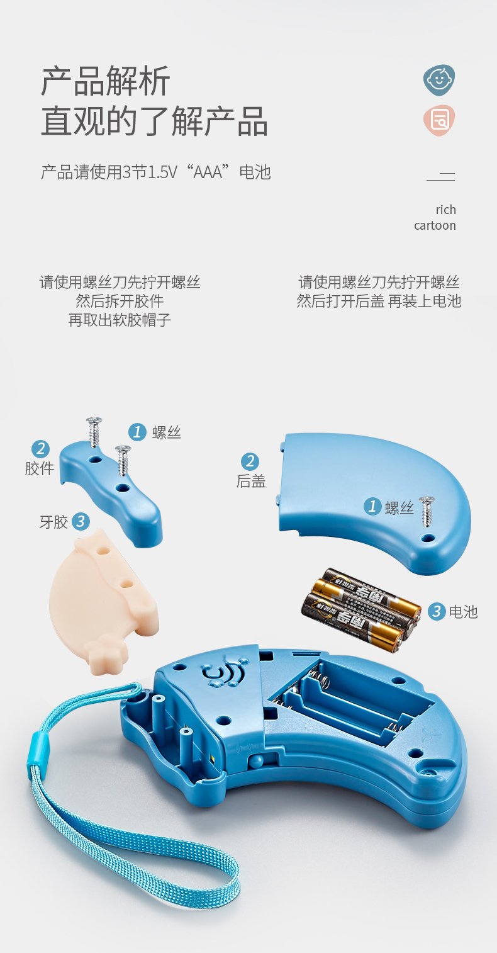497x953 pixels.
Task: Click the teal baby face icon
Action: point(438,80)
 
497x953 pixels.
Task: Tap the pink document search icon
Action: point(438,120)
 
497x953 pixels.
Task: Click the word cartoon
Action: point(435,225)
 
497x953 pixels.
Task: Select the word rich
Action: point(445,210)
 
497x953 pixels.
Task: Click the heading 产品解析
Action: point(106,81)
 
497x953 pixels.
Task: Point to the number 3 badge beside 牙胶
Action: point(81,522)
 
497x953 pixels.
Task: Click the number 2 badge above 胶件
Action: point(40,449)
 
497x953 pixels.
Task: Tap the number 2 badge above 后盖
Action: point(250,461)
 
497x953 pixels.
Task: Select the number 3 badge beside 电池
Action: point(437,611)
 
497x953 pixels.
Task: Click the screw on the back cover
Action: point(427,511)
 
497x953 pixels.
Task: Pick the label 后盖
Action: point(251,481)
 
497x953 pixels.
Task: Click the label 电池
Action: point(464,612)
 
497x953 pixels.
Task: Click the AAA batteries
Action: point(361,609)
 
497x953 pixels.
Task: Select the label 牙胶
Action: point(53,522)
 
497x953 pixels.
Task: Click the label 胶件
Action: point(40,468)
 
